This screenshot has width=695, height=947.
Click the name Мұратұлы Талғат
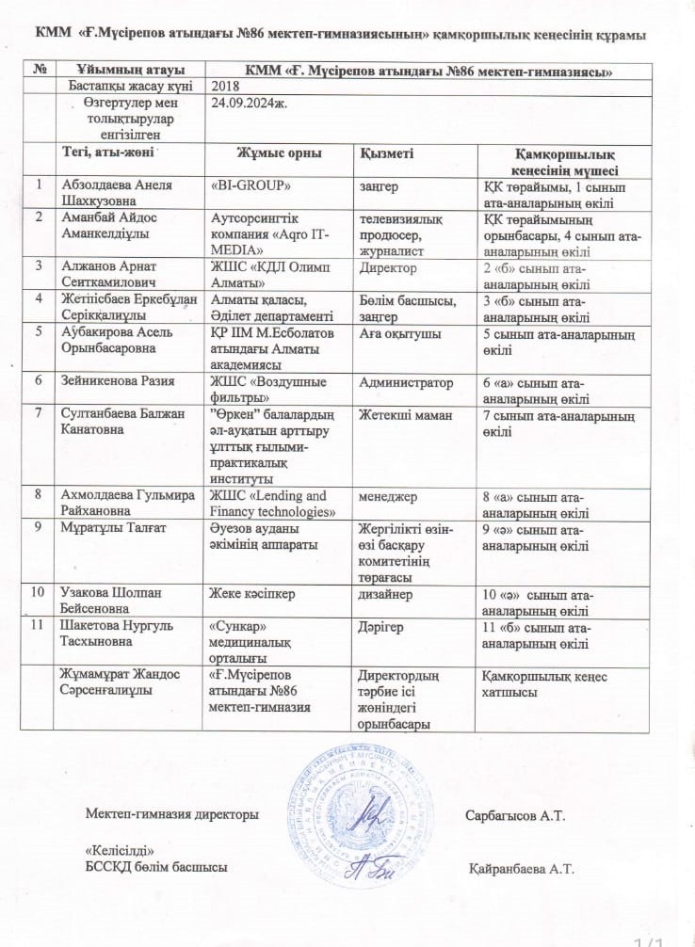(114, 528)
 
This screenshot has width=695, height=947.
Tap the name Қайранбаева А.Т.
(521, 867)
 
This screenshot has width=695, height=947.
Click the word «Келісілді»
(120, 850)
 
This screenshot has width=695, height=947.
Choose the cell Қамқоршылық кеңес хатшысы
(544, 684)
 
